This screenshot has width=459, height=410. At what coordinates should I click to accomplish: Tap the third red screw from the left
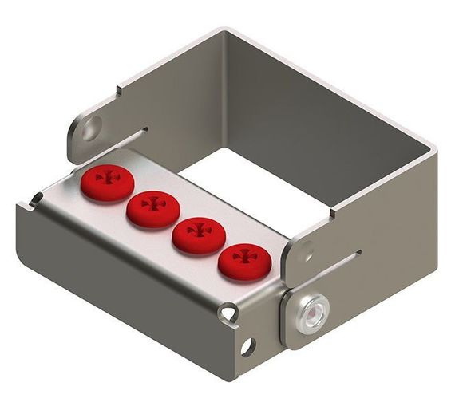[x=196, y=233]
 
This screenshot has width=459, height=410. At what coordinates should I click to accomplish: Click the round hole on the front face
[x=247, y=347]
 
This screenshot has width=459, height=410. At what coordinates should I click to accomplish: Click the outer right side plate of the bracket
[x=375, y=263]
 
